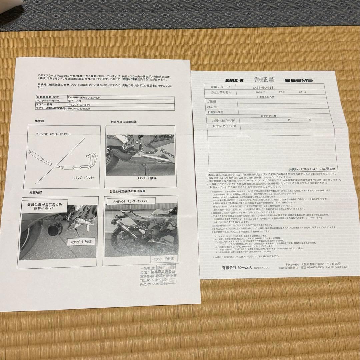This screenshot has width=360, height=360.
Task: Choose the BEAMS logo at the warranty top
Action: tap(298, 80)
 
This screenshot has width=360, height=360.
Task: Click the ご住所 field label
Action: tap(212, 101)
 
